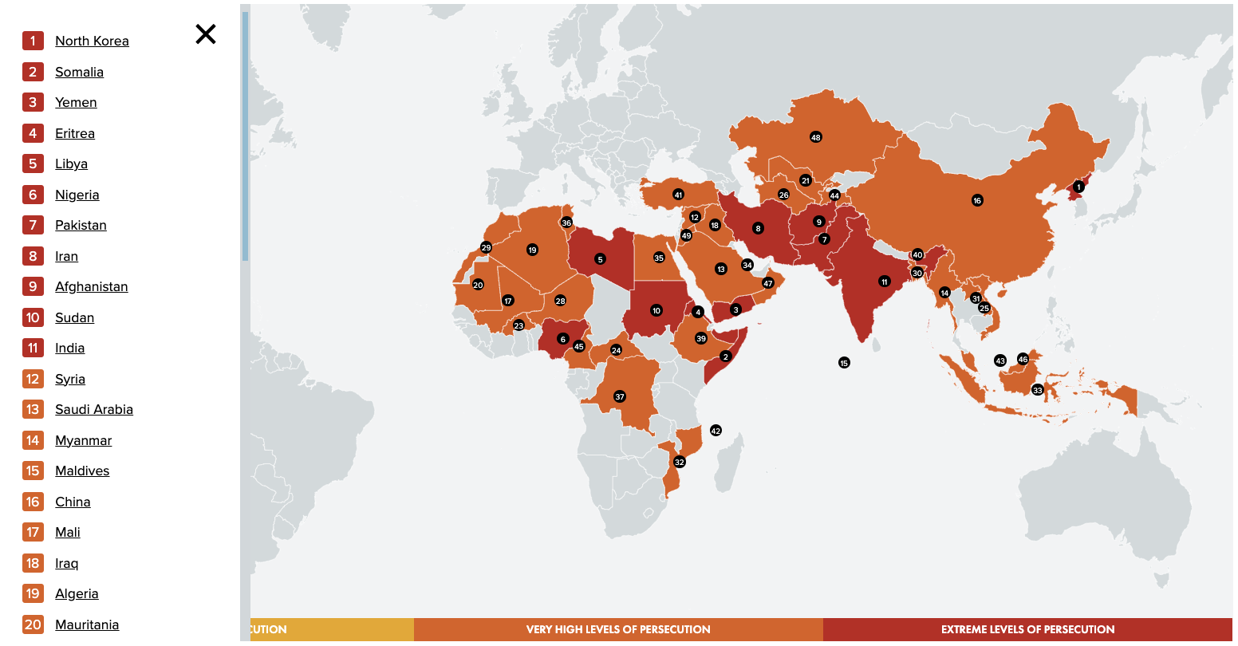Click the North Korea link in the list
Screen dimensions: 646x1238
click(92, 41)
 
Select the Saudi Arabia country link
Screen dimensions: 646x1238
click(93, 409)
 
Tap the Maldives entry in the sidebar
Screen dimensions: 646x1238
click(81, 471)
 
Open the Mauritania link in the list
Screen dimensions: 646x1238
click(86, 624)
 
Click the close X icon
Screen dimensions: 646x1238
click(206, 34)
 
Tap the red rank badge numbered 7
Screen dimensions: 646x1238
click(33, 225)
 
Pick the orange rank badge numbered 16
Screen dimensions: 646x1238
click(33, 502)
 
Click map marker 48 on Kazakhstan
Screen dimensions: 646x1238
click(815, 137)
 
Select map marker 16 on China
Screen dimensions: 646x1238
click(977, 200)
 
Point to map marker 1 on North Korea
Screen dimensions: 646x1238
click(1078, 187)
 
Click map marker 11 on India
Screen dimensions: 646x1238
click(884, 282)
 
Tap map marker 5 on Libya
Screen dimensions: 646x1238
click(600, 259)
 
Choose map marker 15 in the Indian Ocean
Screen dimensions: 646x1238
click(844, 363)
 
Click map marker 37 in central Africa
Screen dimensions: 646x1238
click(620, 396)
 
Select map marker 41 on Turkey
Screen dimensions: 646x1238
click(678, 195)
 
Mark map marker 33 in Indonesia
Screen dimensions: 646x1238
click(1037, 390)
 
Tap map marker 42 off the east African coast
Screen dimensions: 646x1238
click(716, 431)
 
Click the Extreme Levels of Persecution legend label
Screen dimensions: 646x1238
click(1027, 629)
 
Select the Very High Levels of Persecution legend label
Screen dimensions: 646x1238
click(618, 629)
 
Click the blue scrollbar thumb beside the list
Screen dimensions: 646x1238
click(245, 136)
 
